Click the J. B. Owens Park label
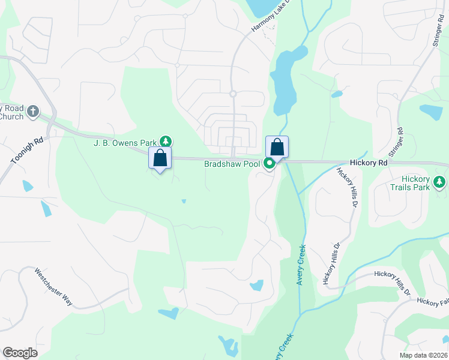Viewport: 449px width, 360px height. click(124, 143)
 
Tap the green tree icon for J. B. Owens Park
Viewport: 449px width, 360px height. click(166, 142)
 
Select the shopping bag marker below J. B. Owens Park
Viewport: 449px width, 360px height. click(160, 158)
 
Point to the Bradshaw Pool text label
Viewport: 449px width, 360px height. click(232, 163)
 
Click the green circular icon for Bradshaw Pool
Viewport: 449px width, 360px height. click(270, 163)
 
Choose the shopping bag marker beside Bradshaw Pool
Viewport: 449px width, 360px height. click(277, 147)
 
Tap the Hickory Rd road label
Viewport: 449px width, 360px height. click(369, 163)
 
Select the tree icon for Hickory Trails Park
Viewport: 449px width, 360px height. click(441, 181)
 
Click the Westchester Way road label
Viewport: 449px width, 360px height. click(53, 287)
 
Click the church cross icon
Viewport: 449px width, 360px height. click(33, 111)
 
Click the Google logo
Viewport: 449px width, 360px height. click(20, 352)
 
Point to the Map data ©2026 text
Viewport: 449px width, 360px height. click(423, 355)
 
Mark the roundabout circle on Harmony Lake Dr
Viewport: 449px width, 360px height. click(233, 94)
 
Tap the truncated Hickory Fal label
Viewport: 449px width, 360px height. click(432, 302)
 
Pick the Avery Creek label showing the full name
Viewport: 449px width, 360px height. click(301, 264)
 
